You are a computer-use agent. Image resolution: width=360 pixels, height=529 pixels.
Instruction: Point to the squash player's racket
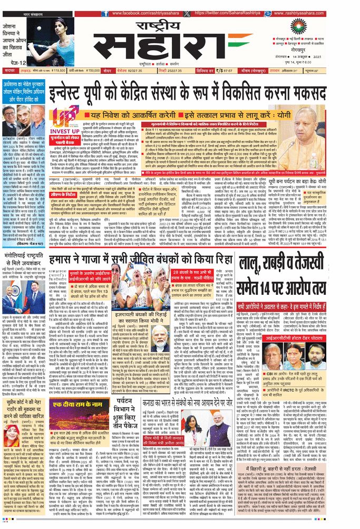[48, 31]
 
